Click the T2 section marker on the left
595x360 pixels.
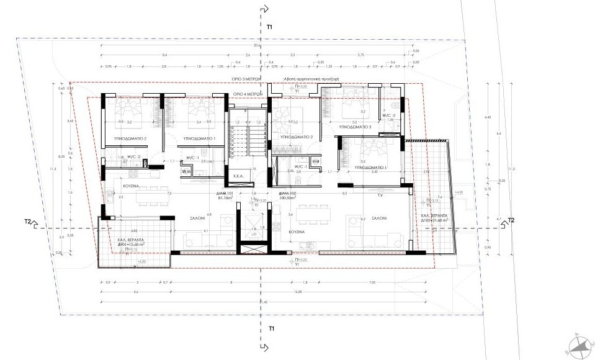[28, 221]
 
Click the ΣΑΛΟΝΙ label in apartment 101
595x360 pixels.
[197, 218]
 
